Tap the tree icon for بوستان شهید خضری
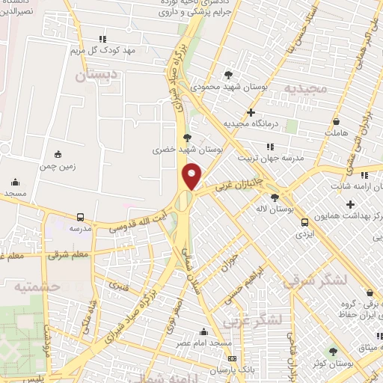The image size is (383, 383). coord(186,138)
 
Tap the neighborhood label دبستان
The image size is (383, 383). coord(98,75)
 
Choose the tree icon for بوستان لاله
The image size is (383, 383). coord(275,197)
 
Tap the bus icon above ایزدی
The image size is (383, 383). coord(304,221)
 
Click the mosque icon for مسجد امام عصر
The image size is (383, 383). coord(203,331)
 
